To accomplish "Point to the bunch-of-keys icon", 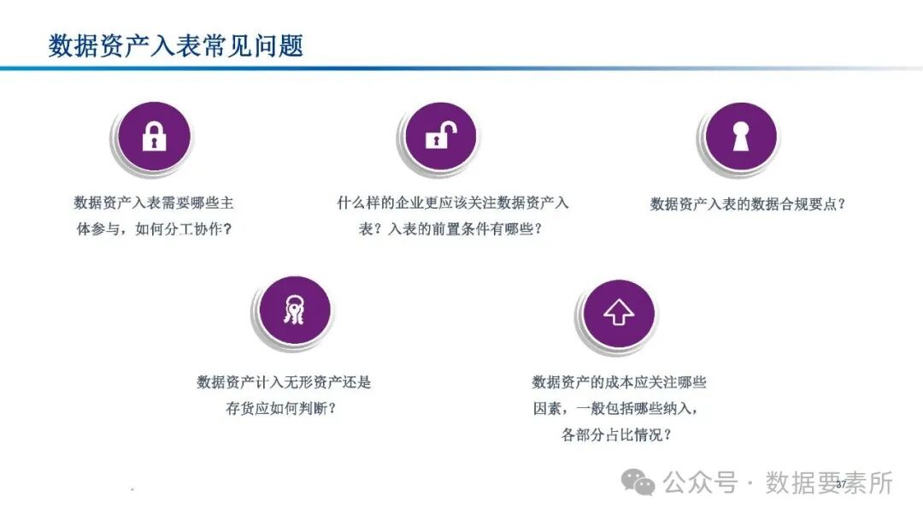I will pos(295,312).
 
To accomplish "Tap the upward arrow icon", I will pos(619,313).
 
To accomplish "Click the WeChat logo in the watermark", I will pos(639,483).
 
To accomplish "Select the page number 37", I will pos(841,485).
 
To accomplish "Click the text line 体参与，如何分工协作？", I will pos(154,229).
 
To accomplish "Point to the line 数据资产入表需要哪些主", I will pos(154,204).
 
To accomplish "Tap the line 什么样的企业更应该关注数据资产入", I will pos(453,204).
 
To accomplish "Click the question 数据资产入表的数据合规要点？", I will pos(747,204).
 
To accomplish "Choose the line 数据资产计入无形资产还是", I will pos(284,382).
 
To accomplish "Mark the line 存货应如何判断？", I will pos(280,408).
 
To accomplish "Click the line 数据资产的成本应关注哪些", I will pos(619,382).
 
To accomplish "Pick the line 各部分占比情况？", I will pos(616,434).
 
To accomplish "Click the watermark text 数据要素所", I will pos(828,483).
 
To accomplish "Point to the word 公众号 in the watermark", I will pos(700,483).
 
